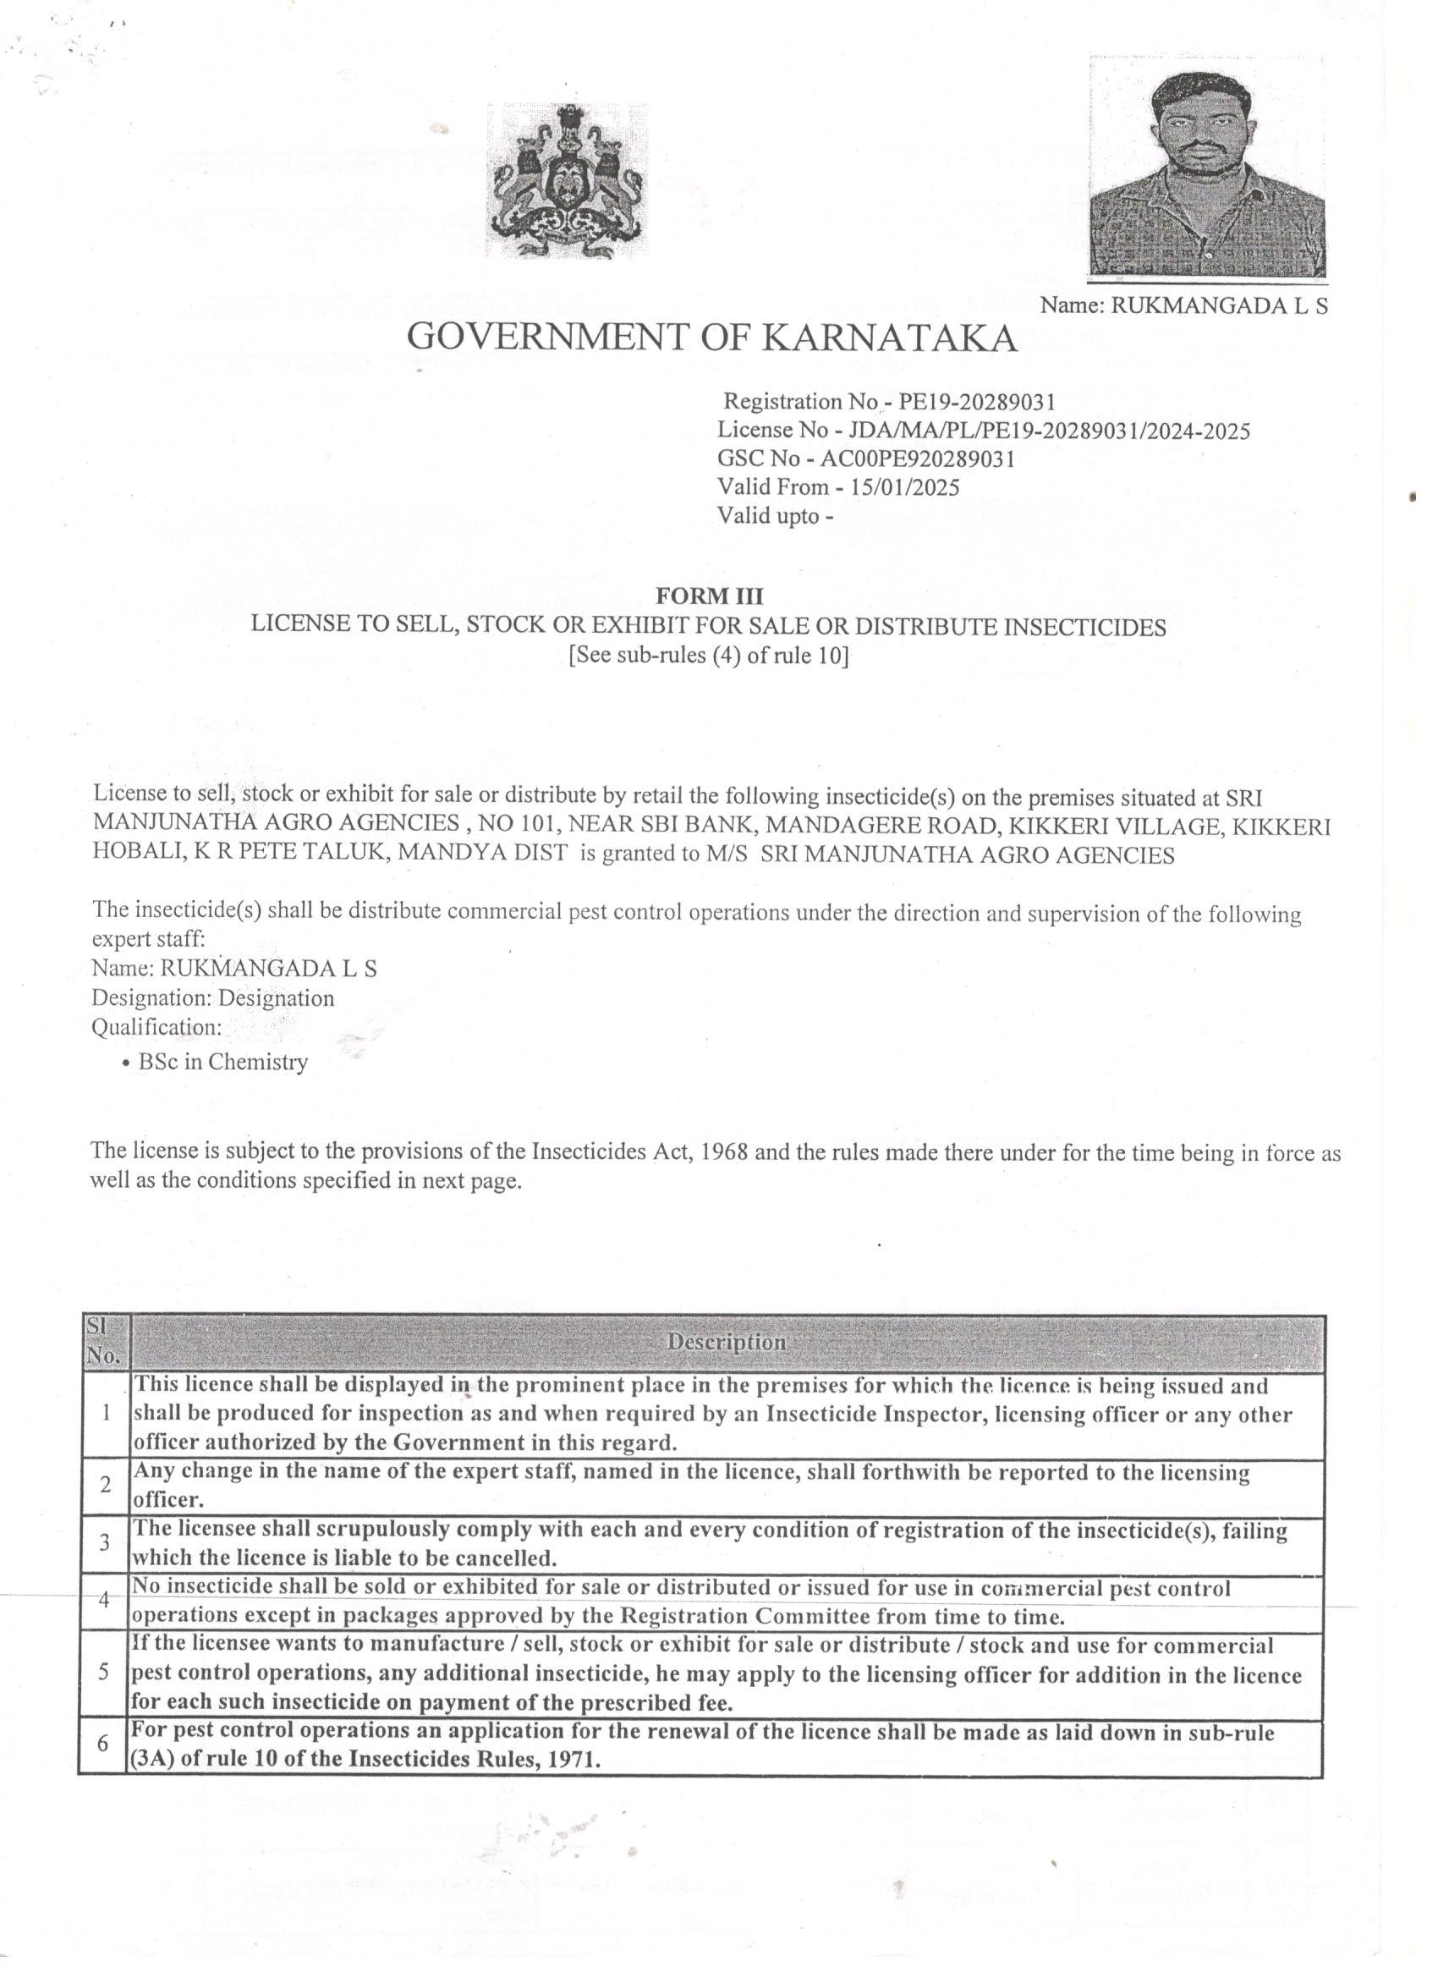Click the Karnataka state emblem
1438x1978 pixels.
[x=568, y=181]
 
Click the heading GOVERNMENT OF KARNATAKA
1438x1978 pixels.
[x=711, y=337]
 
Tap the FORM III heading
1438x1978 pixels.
[x=709, y=596]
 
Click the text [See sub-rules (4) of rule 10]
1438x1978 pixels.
[x=708, y=655]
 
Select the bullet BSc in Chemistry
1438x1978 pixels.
[x=222, y=1063]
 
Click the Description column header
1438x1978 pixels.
[x=727, y=1342]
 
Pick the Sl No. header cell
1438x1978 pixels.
[x=106, y=1342]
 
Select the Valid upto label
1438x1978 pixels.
[x=770, y=515]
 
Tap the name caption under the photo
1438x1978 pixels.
[x=1183, y=306]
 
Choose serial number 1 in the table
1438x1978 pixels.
[x=105, y=1414]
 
